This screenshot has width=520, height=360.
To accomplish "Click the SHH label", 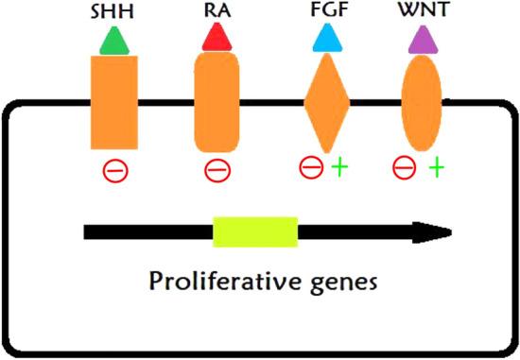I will tap(113, 13).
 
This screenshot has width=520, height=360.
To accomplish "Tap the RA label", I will tap(217, 13).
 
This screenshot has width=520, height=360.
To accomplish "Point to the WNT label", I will tap(422, 13).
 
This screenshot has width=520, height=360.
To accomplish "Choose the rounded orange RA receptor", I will tap(218, 102).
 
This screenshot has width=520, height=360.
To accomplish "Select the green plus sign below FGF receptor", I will tap(338, 168).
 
